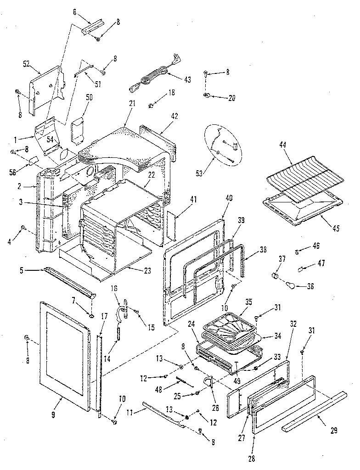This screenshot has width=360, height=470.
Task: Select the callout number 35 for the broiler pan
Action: click(x=248, y=302)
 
